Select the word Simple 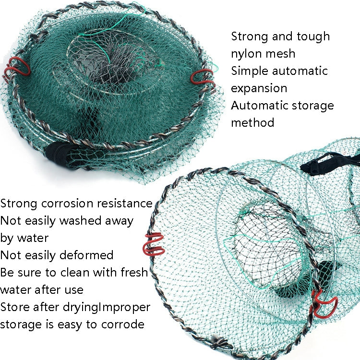coord(250,71)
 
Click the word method coord(252,122)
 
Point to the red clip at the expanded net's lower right coord(323,301)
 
